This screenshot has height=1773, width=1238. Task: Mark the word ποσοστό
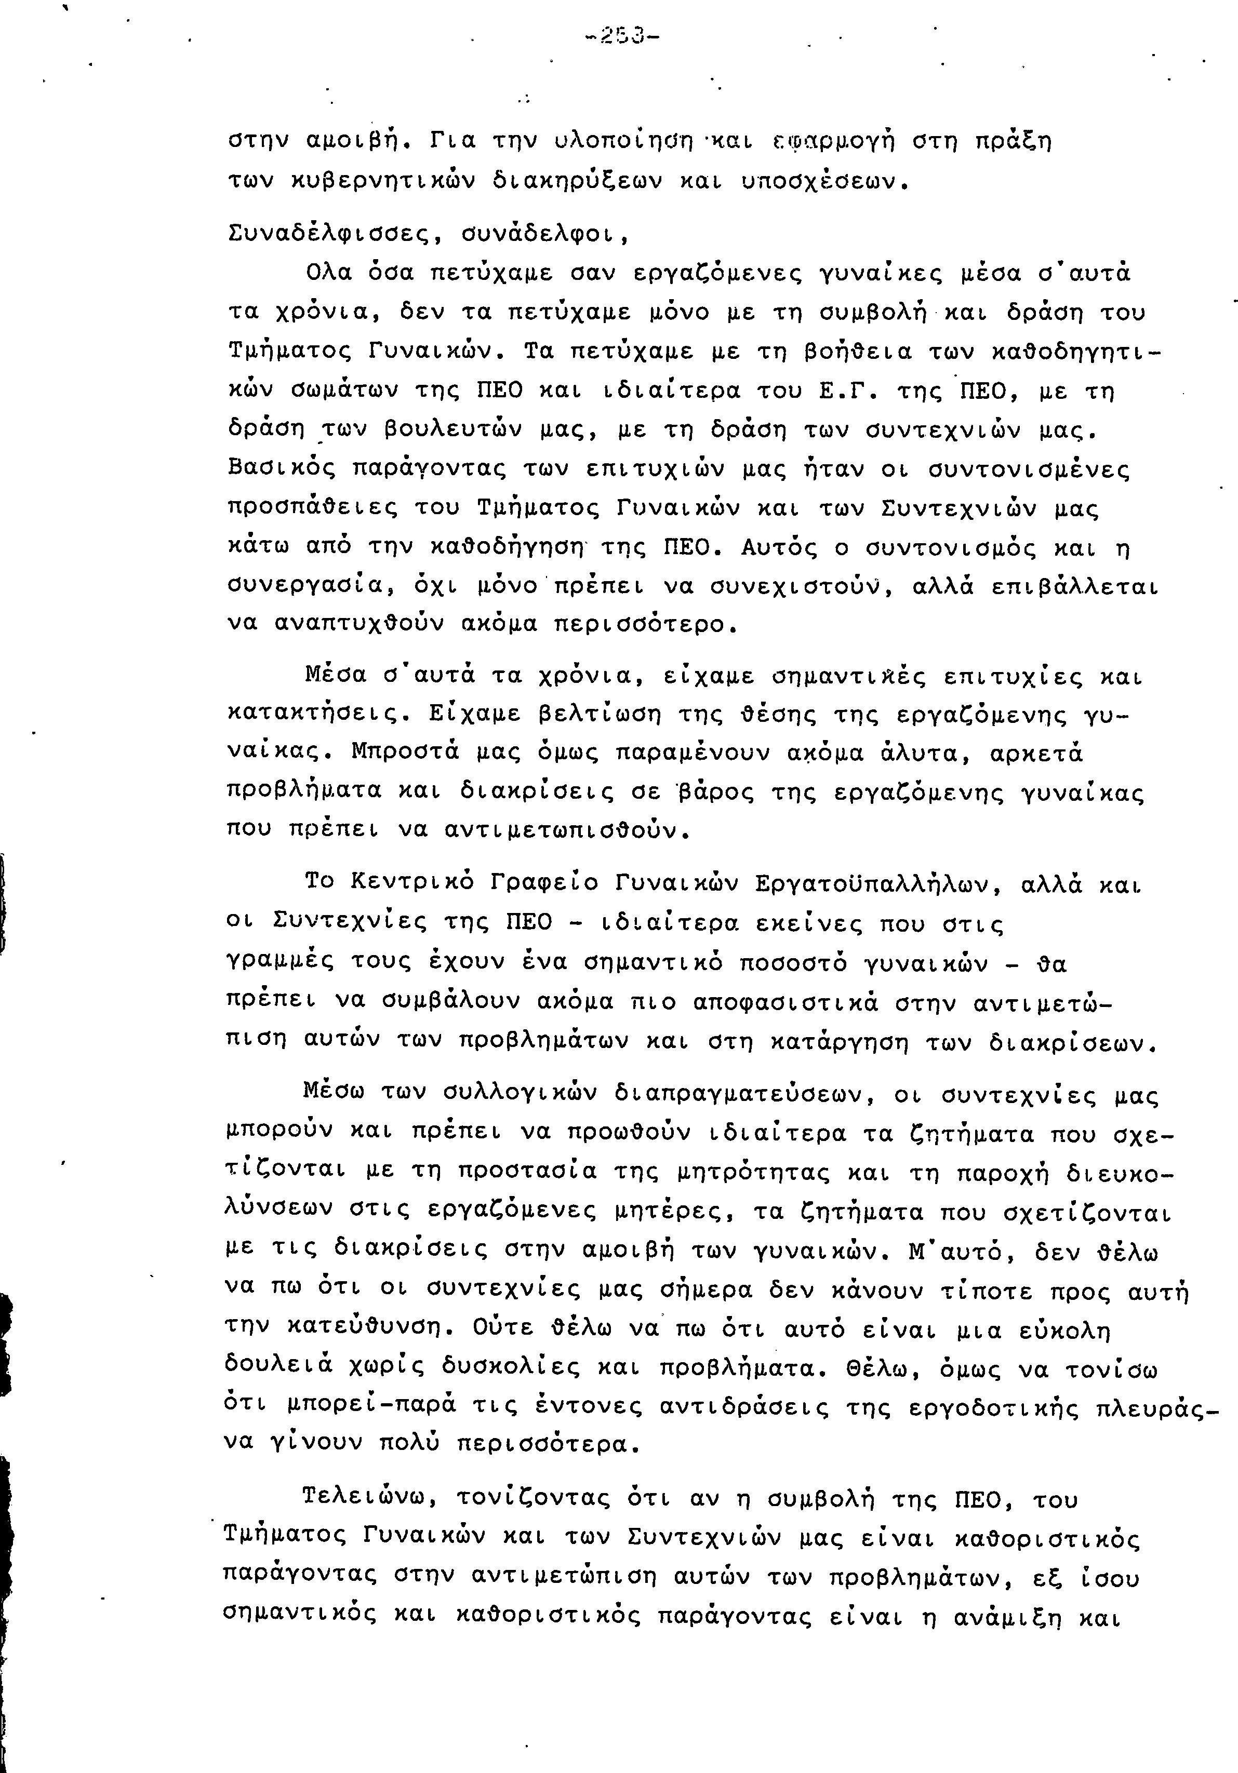tap(792, 964)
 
